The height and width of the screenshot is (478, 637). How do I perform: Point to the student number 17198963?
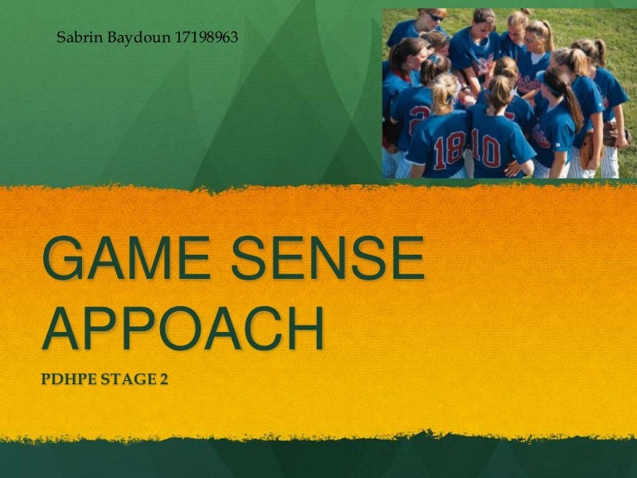point(207,37)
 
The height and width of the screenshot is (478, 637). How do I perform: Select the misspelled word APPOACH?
point(183,330)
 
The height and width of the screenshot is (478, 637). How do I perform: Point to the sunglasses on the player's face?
point(435,17)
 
